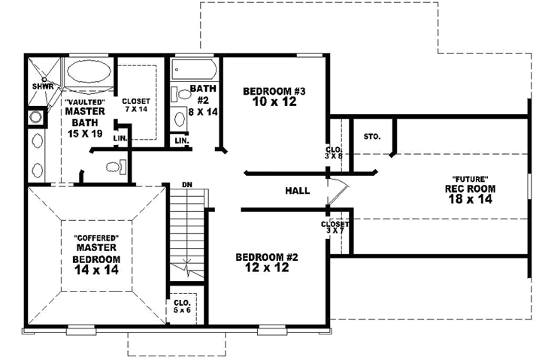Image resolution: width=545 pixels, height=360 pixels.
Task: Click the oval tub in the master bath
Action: [x=89, y=75]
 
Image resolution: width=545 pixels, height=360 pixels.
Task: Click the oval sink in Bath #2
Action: [x=180, y=119]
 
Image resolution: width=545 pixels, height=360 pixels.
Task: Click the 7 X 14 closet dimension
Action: [x=136, y=110]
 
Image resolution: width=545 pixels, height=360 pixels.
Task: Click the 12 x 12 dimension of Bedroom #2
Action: [x=267, y=267]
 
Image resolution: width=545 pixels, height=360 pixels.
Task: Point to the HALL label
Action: [x=298, y=191]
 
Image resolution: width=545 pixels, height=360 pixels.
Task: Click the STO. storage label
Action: [x=371, y=137]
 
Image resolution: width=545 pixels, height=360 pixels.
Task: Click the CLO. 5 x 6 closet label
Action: [x=181, y=306]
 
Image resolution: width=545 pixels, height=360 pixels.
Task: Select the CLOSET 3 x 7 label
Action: [x=335, y=227]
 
